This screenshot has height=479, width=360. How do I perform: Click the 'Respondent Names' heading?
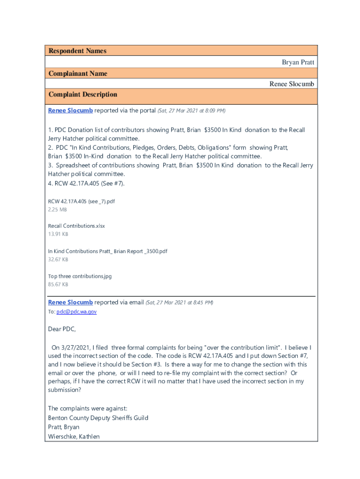click(77, 51)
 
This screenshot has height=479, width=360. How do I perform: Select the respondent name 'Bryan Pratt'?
click(298, 62)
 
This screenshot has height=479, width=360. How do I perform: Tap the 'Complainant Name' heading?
click(78, 73)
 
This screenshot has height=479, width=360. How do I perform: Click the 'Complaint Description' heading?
click(83, 94)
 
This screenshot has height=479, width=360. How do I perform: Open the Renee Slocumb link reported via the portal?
click(70, 110)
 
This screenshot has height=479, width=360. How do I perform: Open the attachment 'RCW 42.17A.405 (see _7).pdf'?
click(81, 201)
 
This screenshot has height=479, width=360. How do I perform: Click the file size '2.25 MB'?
click(58, 210)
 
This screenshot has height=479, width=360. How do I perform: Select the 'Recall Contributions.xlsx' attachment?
click(77, 226)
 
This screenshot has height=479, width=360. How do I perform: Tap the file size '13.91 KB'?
click(58, 234)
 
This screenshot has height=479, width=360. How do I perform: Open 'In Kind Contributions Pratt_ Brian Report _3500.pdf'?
click(108, 251)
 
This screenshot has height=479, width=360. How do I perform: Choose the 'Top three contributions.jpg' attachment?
click(80, 276)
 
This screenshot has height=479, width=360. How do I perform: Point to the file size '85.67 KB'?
click(58, 284)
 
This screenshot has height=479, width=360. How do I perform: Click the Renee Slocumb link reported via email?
click(70, 302)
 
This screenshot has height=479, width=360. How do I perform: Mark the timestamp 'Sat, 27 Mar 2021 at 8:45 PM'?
click(180, 303)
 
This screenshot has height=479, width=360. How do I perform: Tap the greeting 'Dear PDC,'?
click(62, 329)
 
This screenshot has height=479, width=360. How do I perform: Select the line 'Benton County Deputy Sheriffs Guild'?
click(98, 418)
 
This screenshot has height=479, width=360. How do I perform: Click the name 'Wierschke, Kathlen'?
click(74, 437)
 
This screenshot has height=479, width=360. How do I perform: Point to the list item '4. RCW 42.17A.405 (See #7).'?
click(86, 183)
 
